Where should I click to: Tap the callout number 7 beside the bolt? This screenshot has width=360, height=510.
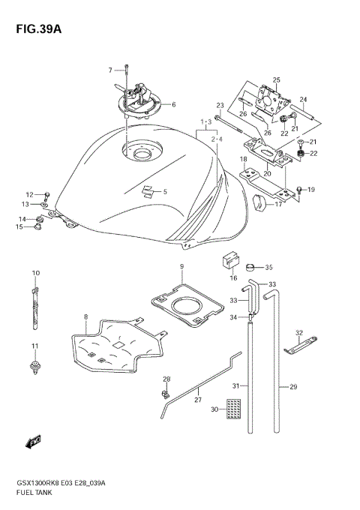coord(110,70)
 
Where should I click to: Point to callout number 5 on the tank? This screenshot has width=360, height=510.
coord(165,191)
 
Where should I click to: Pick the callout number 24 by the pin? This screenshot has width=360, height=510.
coord(304,99)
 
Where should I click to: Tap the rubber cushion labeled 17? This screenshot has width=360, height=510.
coord(262,201)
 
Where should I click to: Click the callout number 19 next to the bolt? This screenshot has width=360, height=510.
coord(311,189)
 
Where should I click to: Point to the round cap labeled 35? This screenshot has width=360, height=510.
coord(252,266)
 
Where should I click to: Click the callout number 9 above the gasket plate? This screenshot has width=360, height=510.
coord(181,266)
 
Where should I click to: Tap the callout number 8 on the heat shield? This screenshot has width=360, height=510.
coord(86,317)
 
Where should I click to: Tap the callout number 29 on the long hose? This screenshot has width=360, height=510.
coord(293,388)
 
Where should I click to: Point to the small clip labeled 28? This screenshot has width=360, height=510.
coord(164,392)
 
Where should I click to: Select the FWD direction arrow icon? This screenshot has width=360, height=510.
coord(34,443)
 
